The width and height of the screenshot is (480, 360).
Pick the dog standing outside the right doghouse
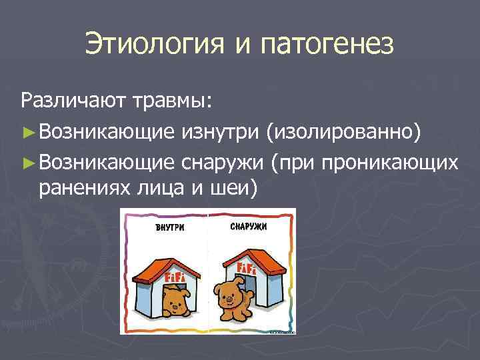230,298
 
